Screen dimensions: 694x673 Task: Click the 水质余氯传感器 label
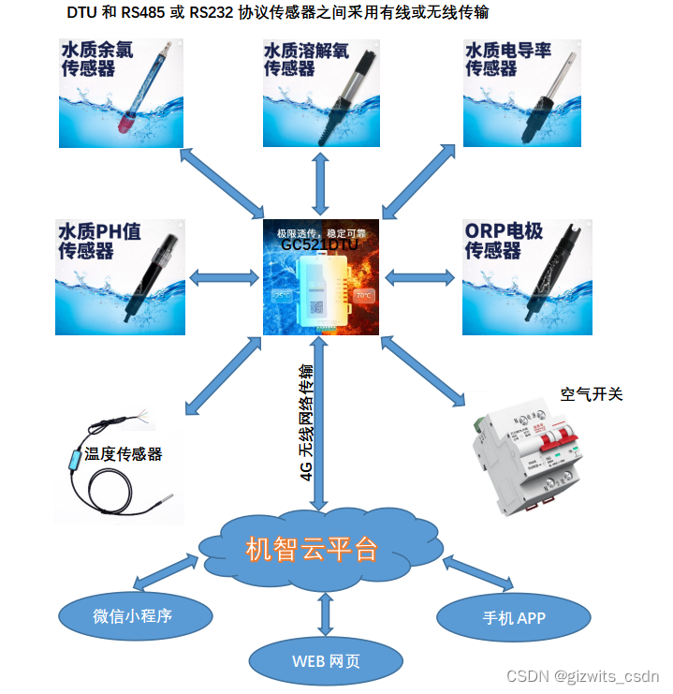(x=97, y=59)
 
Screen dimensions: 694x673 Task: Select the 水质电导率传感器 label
(x=505, y=59)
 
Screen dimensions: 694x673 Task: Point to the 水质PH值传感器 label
(x=98, y=241)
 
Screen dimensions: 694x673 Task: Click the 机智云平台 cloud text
(x=312, y=549)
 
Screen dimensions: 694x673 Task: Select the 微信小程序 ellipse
(x=132, y=615)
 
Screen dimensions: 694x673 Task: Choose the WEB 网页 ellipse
(x=326, y=661)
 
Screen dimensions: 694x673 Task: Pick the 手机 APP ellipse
(x=514, y=617)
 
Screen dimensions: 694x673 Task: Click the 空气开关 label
(x=592, y=394)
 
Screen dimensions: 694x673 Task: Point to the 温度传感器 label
(x=124, y=454)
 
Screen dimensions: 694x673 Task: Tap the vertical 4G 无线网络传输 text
(x=307, y=421)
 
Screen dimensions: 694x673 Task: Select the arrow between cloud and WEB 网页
(x=326, y=612)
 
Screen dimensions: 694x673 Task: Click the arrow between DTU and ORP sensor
(x=420, y=277)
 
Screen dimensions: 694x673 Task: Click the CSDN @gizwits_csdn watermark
(x=582, y=676)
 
